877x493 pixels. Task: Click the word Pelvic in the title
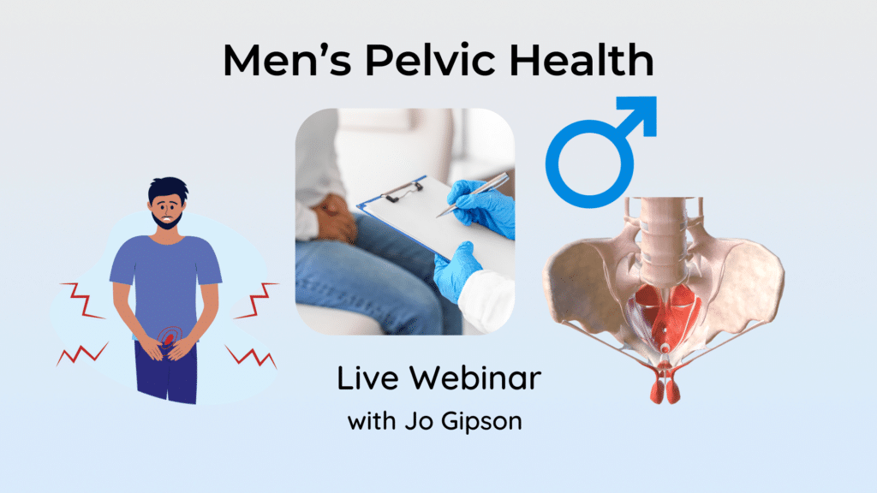click(x=430, y=59)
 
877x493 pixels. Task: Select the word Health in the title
click(x=582, y=59)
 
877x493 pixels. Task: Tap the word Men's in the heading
click(x=288, y=59)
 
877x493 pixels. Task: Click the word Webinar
click(x=475, y=377)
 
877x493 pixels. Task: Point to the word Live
click(x=367, y=377)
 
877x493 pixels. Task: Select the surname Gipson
click(x=481, y=422)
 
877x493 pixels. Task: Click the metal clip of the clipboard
click(x=403, y=190)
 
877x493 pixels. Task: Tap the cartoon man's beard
click(x=167, y=220)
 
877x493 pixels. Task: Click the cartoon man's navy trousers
click(x=166, y=371)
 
